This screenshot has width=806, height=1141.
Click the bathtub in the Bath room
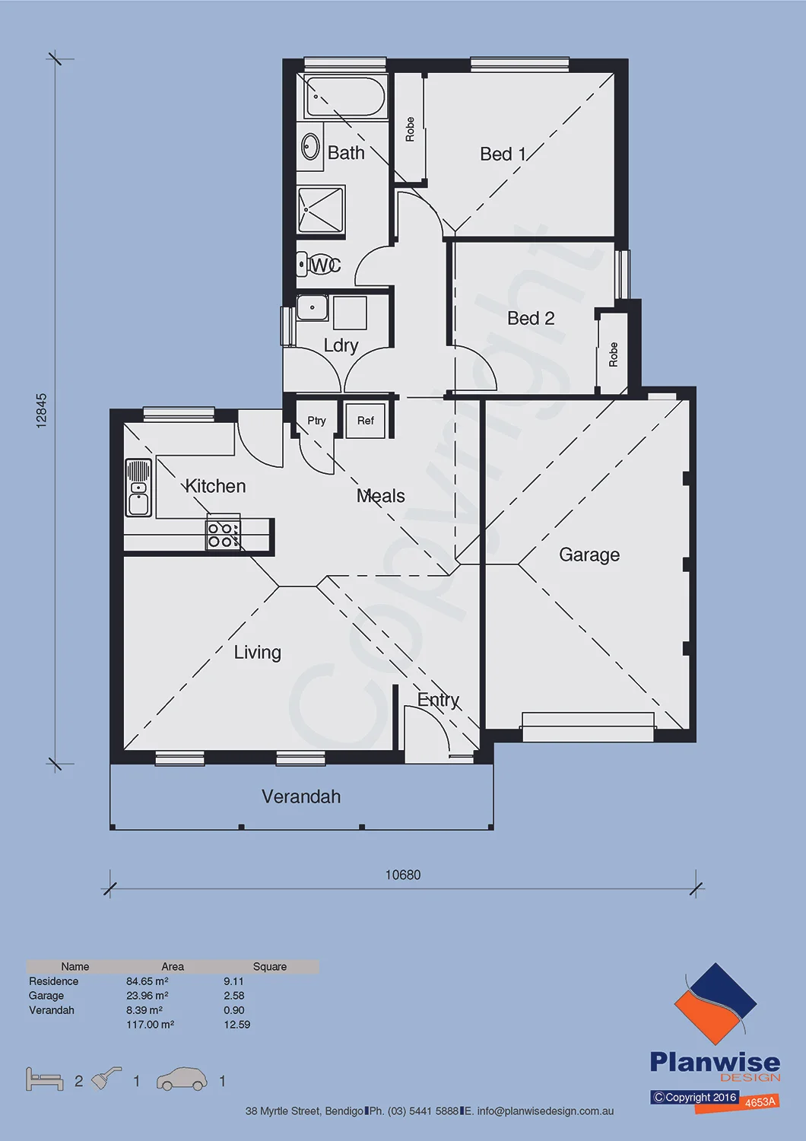344,97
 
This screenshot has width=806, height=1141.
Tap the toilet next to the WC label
319,265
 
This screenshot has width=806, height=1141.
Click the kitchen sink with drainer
138,488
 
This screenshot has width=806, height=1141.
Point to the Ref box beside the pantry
365,420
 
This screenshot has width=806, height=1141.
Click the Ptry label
316,421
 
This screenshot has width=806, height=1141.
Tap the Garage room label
589,555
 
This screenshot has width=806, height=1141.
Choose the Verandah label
301,796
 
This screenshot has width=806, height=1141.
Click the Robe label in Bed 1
410,129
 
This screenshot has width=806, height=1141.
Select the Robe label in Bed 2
613,354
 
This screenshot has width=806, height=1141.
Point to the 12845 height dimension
42,411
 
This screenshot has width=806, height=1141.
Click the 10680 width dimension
403,875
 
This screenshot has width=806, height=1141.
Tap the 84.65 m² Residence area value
148,981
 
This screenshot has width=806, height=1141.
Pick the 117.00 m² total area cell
151,1025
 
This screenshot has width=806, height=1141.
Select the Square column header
270,967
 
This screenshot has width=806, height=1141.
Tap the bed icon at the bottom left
44,1079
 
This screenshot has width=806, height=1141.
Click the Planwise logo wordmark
715,1063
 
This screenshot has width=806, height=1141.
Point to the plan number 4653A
760,1102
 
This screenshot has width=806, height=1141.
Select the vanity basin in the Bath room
310,146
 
